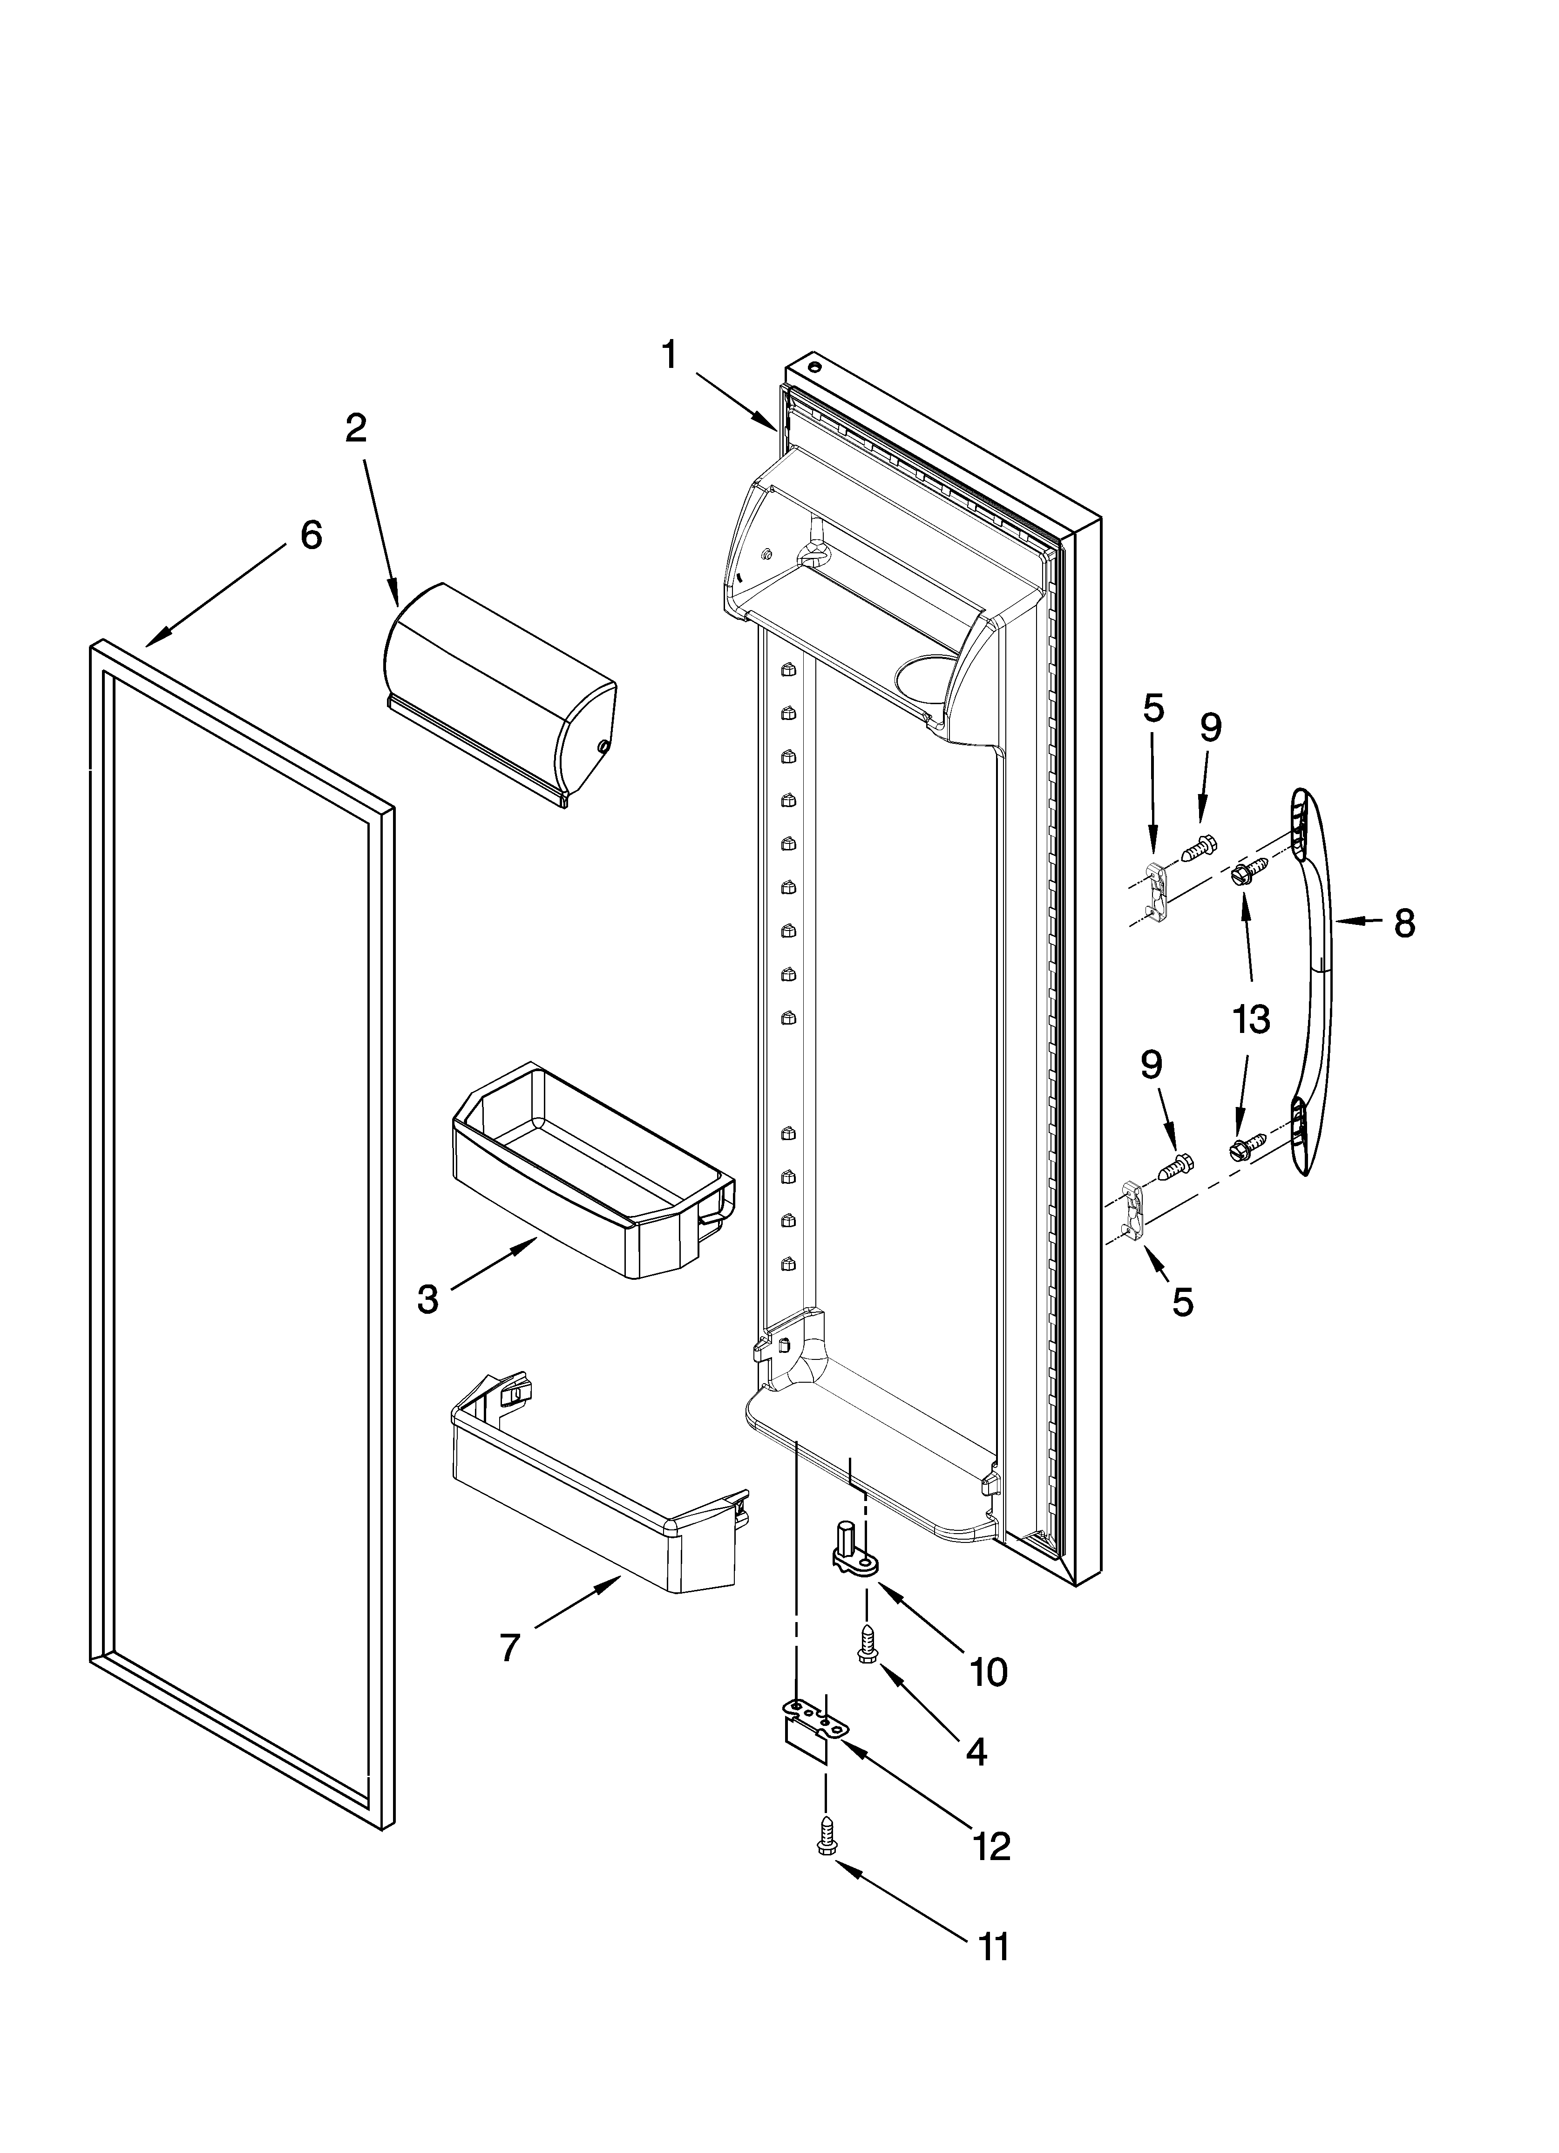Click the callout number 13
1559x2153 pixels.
(1251, 1019)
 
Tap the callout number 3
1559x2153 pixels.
(428, 1300)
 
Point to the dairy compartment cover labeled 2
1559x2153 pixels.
(498, 698)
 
